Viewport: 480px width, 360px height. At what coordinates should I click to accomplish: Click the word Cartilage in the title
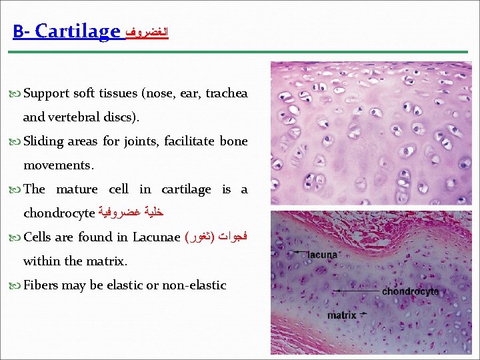78,31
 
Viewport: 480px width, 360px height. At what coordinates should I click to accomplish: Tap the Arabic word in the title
147,32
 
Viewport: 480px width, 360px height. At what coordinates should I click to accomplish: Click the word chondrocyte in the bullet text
59,213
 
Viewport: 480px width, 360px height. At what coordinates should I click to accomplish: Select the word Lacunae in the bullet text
156,237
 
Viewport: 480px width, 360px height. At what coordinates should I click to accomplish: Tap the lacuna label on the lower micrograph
323,254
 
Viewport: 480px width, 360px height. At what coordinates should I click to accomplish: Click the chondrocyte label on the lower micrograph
410,291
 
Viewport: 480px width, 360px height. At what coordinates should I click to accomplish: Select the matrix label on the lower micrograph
342,315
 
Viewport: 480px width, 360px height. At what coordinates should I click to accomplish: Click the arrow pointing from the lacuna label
293,252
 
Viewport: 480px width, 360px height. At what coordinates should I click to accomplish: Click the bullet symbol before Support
17,94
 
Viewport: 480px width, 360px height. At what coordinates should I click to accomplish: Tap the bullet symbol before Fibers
17,286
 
